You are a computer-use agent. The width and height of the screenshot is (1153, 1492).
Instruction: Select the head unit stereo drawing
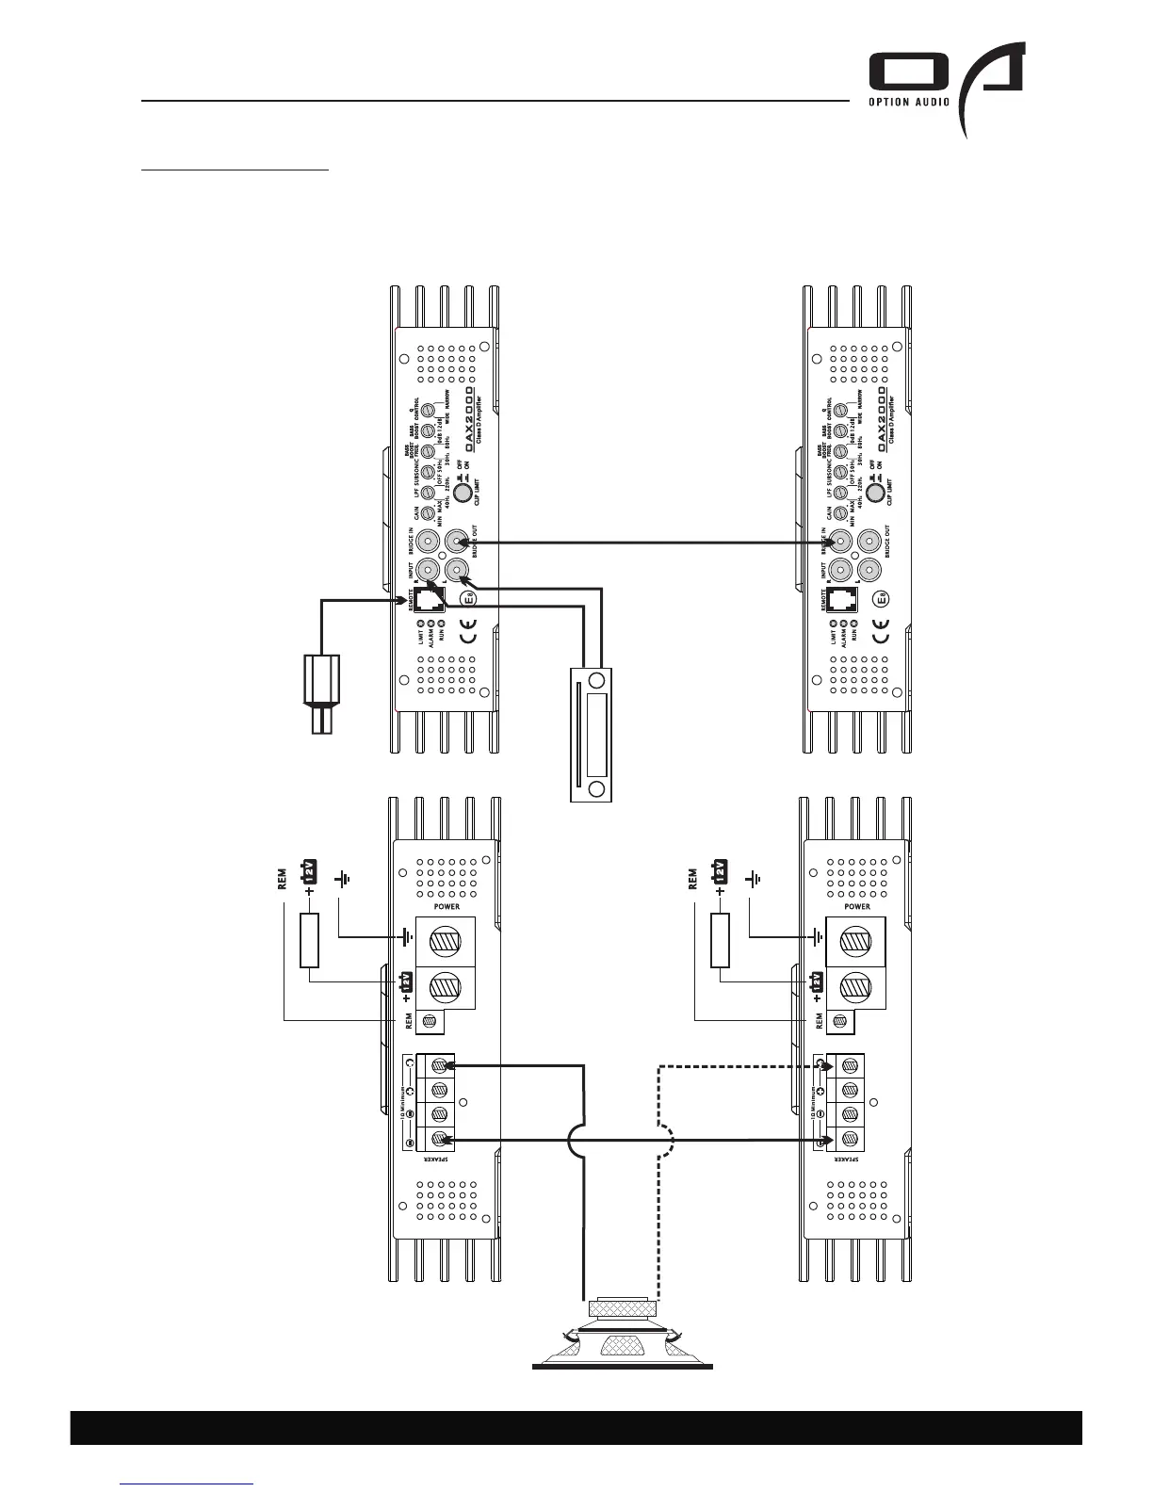592,734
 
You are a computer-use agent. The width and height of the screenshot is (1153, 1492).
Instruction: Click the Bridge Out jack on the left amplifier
457,542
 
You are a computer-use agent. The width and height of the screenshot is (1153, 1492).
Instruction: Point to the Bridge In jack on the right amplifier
839,542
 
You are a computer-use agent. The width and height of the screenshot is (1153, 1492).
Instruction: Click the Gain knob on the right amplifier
839,513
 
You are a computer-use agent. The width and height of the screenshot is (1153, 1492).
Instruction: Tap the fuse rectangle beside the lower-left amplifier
309,940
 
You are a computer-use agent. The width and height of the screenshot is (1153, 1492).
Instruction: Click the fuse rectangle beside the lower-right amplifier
720,940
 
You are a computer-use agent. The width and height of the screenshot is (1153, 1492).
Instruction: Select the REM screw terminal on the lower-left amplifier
433,1020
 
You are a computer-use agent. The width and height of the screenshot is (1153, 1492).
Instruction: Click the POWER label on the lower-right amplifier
857,907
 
